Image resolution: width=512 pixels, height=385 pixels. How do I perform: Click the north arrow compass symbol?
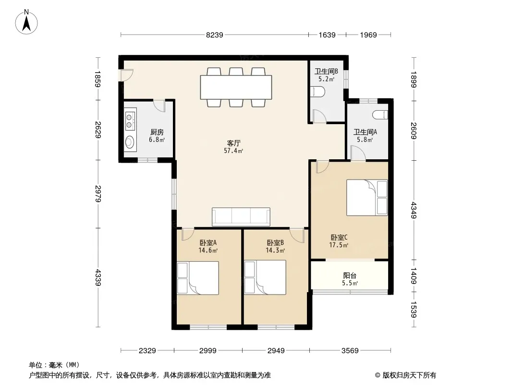pos(26,22)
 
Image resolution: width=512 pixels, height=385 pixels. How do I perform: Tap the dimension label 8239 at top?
pos(215,35)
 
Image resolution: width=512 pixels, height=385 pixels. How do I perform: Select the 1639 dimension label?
pos(327,35)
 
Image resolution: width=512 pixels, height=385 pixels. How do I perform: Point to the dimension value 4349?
pos(414,210)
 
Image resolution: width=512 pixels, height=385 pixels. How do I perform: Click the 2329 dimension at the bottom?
pos(147,351)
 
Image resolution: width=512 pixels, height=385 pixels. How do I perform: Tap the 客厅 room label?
pos(234,143)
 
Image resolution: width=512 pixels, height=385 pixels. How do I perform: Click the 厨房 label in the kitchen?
pos(157,132)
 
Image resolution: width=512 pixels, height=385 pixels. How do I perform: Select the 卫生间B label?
pos(326,71)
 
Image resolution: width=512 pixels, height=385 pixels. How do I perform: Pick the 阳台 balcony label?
pos(350,276)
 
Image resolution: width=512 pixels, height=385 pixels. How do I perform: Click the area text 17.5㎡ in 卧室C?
pos(339,245)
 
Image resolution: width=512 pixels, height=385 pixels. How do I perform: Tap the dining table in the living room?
pos(236,87)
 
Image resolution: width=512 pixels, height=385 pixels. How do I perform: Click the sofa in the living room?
pos(241,217)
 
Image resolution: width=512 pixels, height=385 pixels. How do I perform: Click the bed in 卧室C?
pos(367,197)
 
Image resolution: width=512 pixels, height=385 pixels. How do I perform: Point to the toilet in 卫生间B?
pos(317,92)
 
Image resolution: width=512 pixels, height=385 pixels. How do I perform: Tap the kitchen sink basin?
pos(130,142)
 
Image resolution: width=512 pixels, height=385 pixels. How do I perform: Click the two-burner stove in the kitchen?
pos(130,121)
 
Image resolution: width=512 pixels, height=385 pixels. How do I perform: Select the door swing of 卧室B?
pos(297,235)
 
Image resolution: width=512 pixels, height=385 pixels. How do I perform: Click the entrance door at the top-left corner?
pos(127,75)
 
